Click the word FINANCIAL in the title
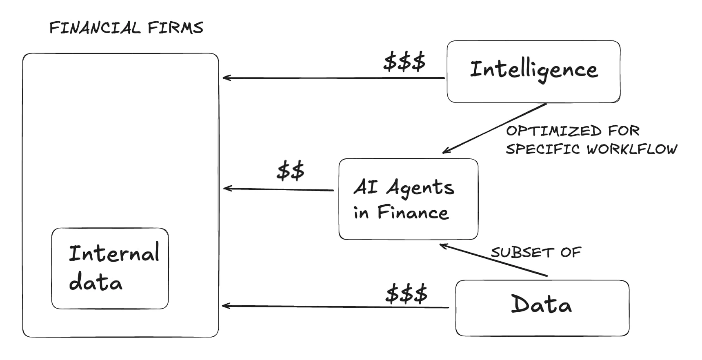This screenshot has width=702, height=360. [x=95, y=28]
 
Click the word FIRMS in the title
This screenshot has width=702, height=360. [x=175, y=28]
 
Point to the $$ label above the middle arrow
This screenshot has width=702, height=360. [x=290, y=171]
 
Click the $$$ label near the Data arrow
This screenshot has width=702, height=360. [x=406, y=293]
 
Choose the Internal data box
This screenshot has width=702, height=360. [x=110, y=268]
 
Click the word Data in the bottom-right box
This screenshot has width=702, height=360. [x=541, y=305]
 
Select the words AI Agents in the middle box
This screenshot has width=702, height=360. [x=404, y=188]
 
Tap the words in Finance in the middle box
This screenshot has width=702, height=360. [x=401, y=213]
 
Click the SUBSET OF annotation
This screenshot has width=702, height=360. [x=535, y=252]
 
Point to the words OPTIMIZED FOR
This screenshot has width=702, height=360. [x=572, y=131]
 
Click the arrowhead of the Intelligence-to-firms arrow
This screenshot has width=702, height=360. [x=225, y=78]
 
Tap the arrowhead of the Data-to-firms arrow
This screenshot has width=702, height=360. [x=224, y=306]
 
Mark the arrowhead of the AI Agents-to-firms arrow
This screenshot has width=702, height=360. [x=226, y=188]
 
